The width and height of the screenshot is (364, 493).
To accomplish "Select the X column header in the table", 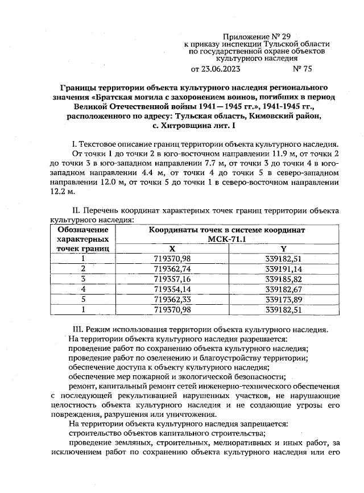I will (172, 249).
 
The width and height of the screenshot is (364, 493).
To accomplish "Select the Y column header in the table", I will (283, 249).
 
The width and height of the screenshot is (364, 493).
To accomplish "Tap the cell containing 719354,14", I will (172, 289).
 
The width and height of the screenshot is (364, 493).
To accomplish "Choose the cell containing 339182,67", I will (283, 289).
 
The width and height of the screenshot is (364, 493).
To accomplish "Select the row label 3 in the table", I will (83, 279).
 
